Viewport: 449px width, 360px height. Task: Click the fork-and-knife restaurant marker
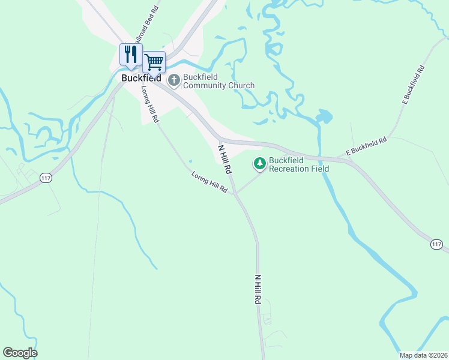click(x=130, y=55)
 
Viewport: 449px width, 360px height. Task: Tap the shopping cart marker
click(x=154, y=61)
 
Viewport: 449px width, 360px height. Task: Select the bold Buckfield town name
click(x=141, y=78)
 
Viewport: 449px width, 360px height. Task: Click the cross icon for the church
click(x=174, y=80)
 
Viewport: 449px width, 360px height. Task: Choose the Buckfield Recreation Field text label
click(x=299, y=164)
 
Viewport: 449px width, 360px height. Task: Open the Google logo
click(x=20, y=353)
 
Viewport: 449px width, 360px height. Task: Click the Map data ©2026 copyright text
click(x=423, y=355)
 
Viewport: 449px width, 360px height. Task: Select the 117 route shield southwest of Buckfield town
click(x=46, y=178)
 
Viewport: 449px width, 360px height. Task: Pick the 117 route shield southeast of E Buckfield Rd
click(x=436, y=244)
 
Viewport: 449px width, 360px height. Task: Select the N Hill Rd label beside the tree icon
click(x=224, y=159)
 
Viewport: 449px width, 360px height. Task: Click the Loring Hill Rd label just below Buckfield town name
click(x=150, y=104)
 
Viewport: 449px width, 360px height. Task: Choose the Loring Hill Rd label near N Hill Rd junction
click(x=209, y=183)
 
